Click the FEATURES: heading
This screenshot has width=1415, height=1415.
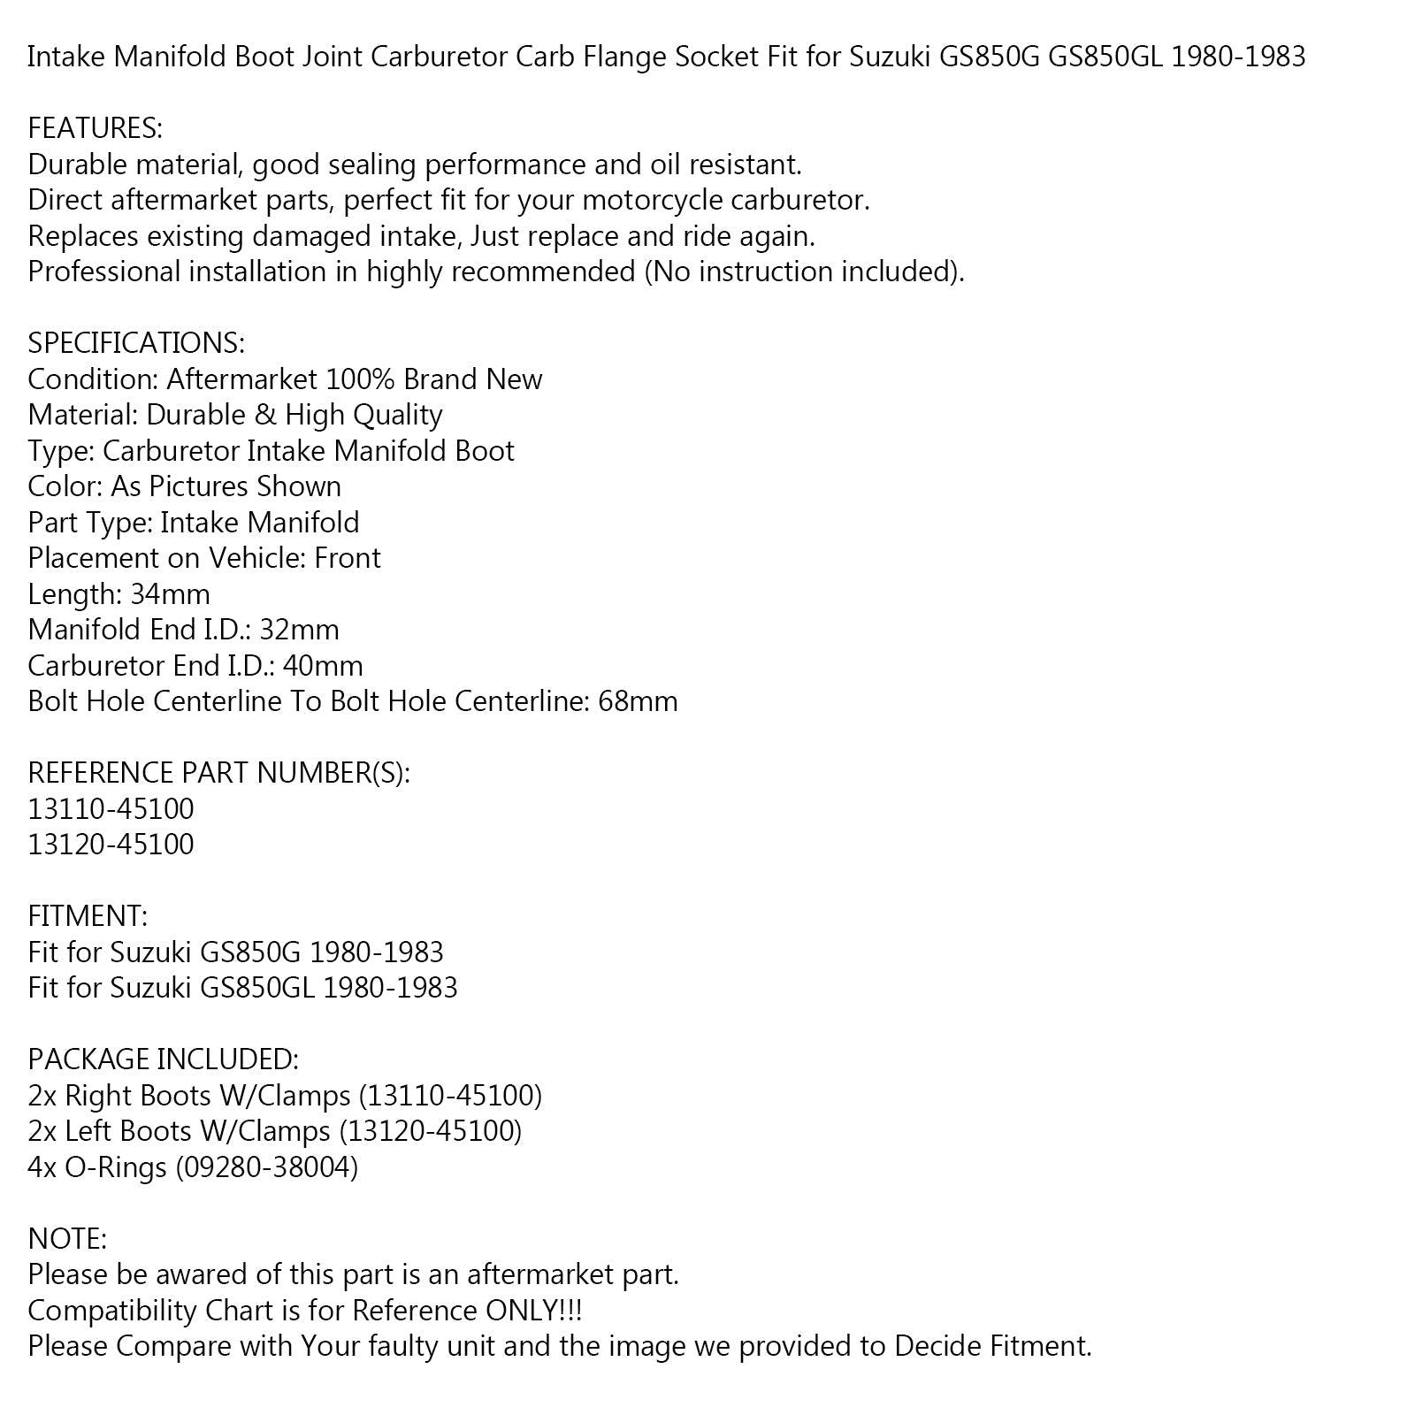[x=95, y=129]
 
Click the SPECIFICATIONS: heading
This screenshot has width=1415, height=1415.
[x=136, y=343]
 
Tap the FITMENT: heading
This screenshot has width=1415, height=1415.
[x=88, y=916]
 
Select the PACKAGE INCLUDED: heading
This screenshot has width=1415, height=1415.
[x=164, y=1059]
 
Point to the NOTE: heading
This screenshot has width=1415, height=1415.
[x=67, y=1239]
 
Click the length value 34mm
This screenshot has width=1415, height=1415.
[x=170, y=594]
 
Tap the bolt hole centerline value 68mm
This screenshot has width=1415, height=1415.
[x=638, y=701]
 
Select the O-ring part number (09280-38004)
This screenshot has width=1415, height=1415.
[x=266, y=1167]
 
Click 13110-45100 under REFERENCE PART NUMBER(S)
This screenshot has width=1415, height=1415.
[x=111, y=809]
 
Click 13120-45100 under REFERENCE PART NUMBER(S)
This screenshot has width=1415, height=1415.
[x=111, y=845]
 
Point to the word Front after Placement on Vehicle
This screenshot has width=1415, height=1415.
[x=348, y=558]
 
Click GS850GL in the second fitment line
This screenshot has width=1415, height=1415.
[x=256, y=988]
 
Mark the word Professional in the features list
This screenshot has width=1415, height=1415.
[x=103, y=272]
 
